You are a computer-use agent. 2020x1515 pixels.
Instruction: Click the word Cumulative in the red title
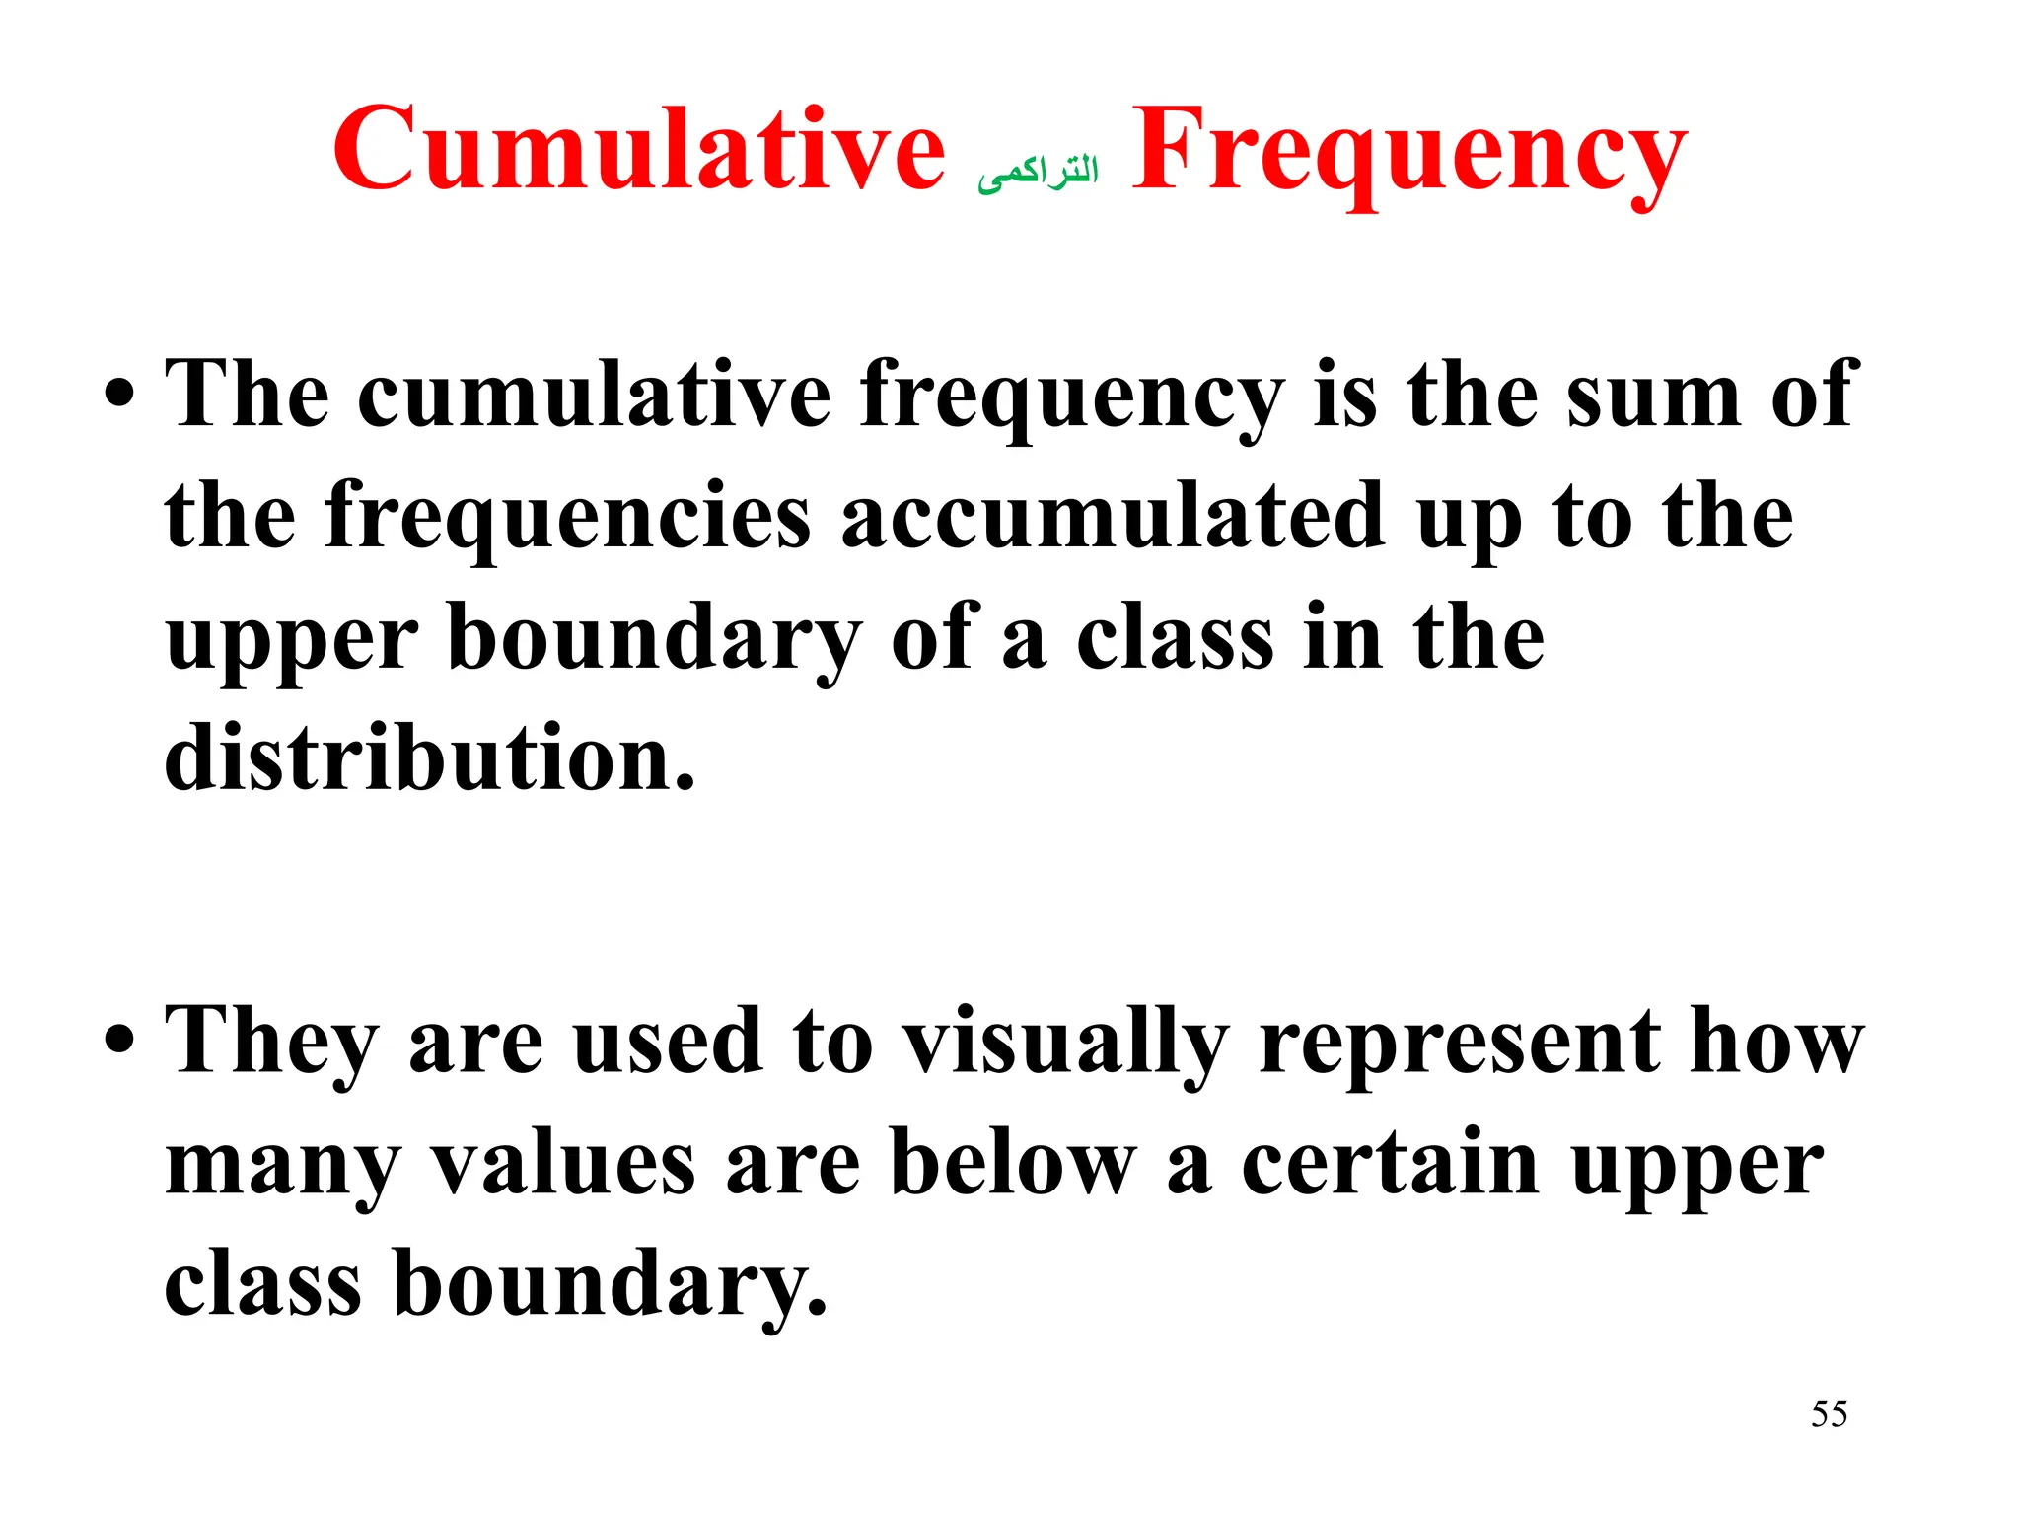coord(638,150)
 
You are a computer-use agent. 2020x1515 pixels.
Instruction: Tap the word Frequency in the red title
coord(1408,153)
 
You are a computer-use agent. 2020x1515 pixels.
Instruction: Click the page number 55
coord(1829,1413)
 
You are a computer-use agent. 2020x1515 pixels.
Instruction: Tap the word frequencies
coord(567,517)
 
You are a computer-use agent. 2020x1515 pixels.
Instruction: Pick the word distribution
coord(430,758)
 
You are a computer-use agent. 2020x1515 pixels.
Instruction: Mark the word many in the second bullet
coord(282,1166)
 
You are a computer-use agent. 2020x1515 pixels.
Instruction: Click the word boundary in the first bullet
coord(655,639)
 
